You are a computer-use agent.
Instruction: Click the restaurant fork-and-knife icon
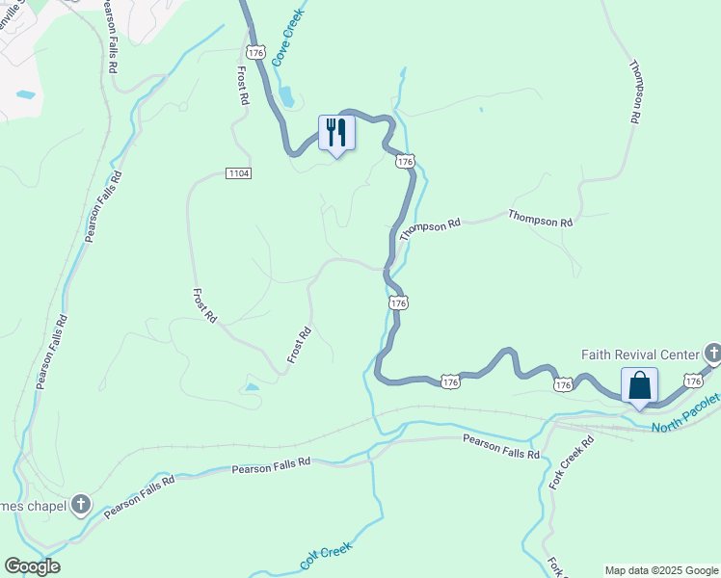point(336,131)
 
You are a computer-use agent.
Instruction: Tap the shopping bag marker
point(639,385)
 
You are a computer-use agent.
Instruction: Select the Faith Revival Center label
point(641,354)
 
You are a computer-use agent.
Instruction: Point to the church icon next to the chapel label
point(81,503)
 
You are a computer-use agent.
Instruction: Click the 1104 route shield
point(239,173)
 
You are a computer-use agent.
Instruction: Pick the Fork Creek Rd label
point(571,461)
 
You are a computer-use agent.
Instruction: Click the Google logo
point(32,566)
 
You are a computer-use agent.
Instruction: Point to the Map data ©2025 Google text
point(660,570)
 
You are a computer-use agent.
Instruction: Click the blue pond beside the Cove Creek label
point(286,96)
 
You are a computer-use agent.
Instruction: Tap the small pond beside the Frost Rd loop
point(251,387)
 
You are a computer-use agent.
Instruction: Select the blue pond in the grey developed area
point(26,95)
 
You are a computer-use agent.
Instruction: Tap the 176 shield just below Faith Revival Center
point(692,381)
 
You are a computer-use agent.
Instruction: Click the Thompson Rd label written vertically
point(635,92)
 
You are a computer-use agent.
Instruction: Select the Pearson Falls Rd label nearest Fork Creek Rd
point(501,446)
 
